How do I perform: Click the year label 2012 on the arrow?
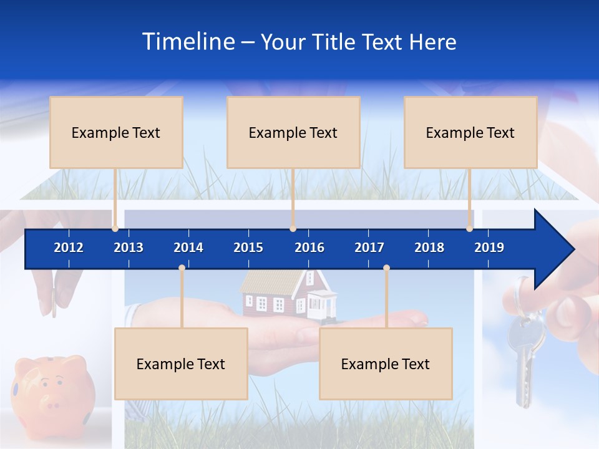point(69,248)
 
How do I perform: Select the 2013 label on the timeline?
point(129,248)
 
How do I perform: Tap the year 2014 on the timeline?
point(188,248)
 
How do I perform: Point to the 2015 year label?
point(248,248)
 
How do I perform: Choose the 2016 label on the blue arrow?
point(309,248)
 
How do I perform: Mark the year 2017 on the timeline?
point(369,248)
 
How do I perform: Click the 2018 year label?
point(429,248)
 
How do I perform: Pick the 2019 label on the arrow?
point(489,248)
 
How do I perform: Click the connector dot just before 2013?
point(115,228)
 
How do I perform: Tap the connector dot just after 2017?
point(386,268)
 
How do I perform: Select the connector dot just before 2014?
point(182,268)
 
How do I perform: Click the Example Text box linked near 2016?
point(293,132)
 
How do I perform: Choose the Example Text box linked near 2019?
point(470,132)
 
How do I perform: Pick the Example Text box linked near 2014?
point(181,364)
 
